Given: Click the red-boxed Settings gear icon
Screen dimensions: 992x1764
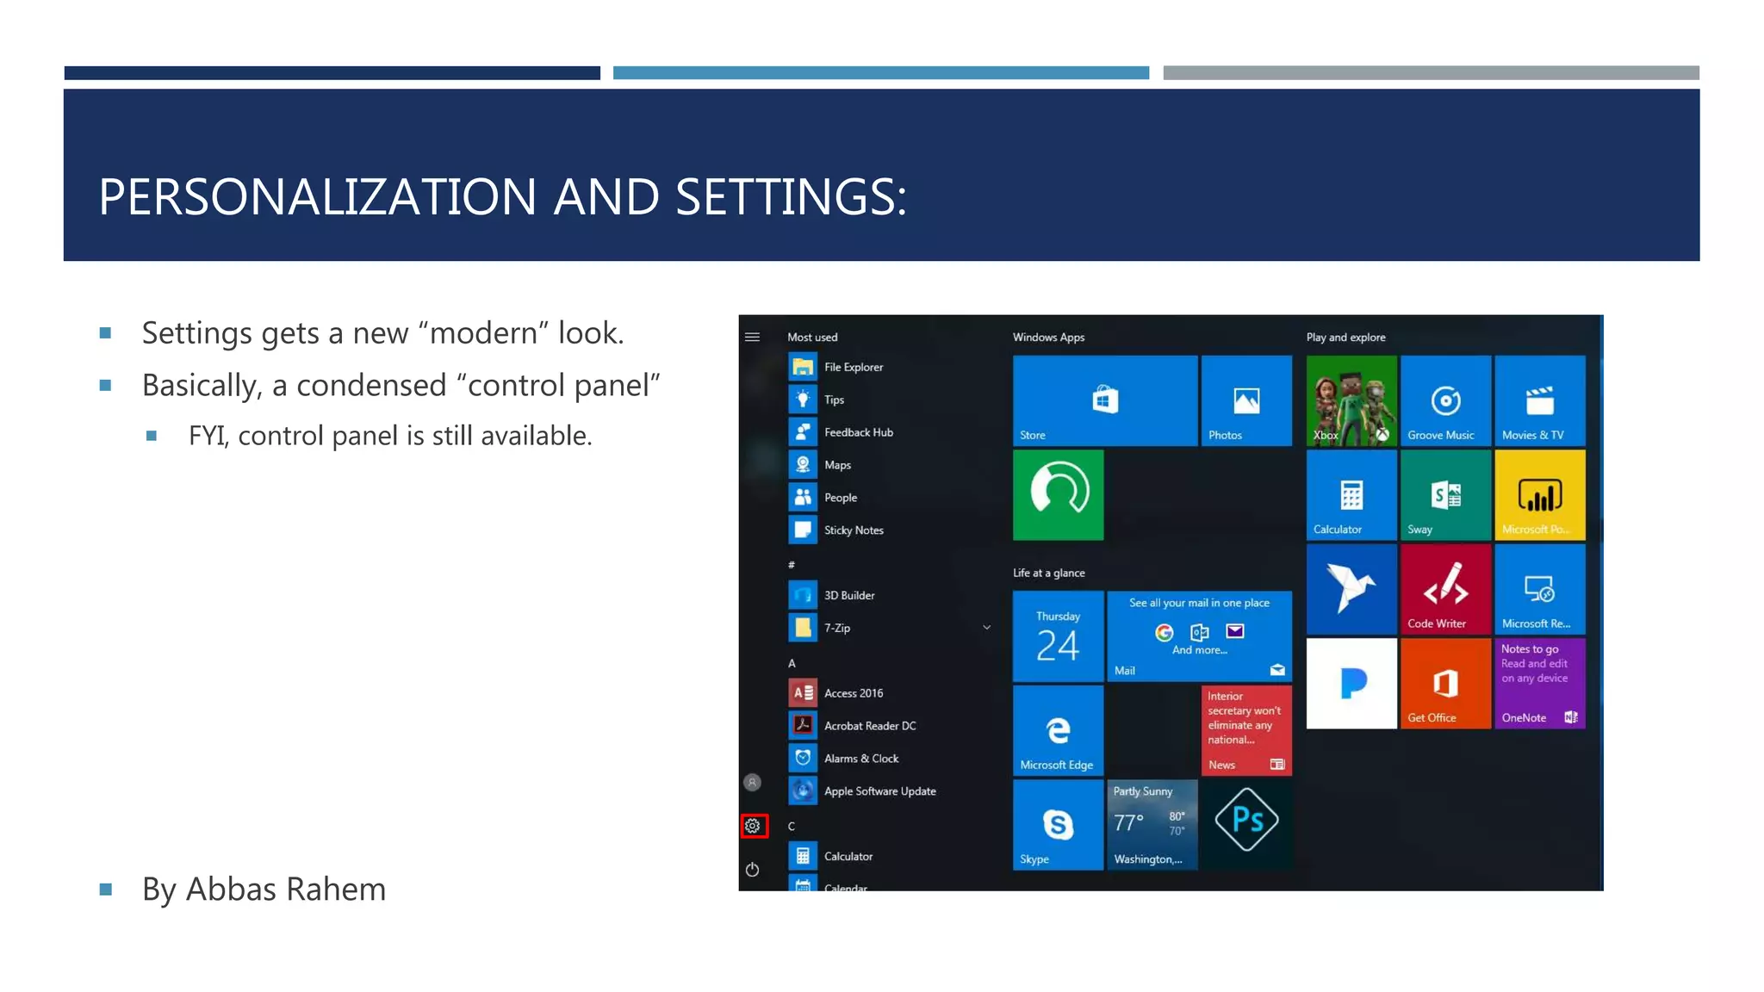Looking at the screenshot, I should pyautogui.click(x=753, y=826).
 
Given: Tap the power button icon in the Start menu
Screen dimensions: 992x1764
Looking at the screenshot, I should pyautogui.click(x=752, y=870).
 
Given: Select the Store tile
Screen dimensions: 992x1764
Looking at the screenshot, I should pyautogui.click(x=1104, y=401).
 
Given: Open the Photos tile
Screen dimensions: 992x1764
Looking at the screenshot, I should pyautogui.click(x=1245, y=401).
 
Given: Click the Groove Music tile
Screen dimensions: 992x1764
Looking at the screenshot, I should pyautogui.click(x=1445, y=401).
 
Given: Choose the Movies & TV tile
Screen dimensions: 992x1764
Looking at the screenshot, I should pyautogui.click(x=1540, y=401).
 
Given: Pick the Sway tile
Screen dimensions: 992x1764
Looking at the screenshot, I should pyautogui.click(x=1445, y=496).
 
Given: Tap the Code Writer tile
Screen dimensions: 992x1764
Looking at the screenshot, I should pyautogui.click(x=1445, y=590).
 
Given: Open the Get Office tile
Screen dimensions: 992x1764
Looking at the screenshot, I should pyautogui.click(x=1445, y=684).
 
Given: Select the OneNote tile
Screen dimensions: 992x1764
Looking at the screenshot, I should pyautogui.click(x=1540, y=684).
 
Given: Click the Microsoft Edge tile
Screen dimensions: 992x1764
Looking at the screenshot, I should pyautogui.click(x=1058, y=731).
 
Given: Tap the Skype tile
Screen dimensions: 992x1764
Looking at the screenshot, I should pyautogui.click(x=1058, y=825).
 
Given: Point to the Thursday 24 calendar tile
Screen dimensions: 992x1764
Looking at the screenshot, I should pyautogui.click(x=1058, y=636).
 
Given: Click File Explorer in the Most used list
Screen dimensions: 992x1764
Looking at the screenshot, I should pyautogui.click(x=853, y=367).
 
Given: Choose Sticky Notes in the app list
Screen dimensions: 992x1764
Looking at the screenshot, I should pyautogui.click(x=853, y=530).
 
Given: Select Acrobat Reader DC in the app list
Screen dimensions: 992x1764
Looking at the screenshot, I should pyautogui.click(x=869, y=726).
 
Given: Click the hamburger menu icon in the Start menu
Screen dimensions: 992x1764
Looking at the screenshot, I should pyautogui.click(x=752, y=337).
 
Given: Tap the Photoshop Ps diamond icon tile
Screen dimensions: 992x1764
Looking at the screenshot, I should pyautogui.click(x=1246, y=820).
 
